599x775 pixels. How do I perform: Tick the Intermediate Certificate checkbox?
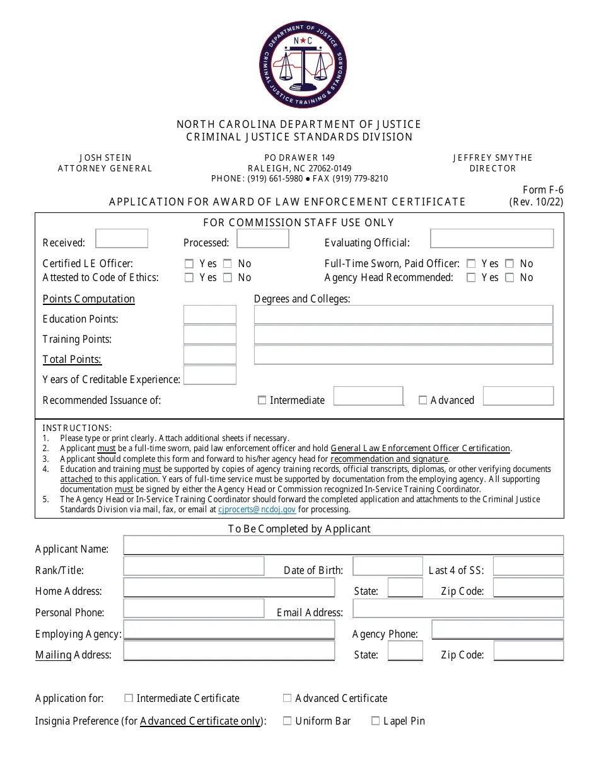point(129,698)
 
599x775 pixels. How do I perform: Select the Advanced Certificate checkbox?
point(287,698)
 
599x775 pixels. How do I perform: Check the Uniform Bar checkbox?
point(287,721)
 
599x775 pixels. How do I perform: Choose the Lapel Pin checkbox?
point(376,721)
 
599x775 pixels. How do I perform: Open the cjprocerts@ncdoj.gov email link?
point(257,510)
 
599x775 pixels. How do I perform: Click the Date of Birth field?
point(387,567)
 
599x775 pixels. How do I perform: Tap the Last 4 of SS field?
point(528,567)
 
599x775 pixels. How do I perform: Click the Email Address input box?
point(458,609)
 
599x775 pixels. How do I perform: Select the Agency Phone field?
point(497,630)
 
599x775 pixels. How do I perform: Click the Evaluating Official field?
point(492,239)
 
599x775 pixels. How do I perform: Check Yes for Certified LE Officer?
point(189,264)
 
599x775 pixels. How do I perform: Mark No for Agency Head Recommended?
point(509,278)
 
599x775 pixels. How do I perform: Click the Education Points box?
point(209,315)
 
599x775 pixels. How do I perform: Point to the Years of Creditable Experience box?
point(209,376)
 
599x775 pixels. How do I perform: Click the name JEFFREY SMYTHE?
point(492,158)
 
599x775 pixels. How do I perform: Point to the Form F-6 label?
point(543,190)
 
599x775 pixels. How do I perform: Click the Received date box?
point(122,239)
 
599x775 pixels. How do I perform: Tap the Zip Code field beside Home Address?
point(528,588)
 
